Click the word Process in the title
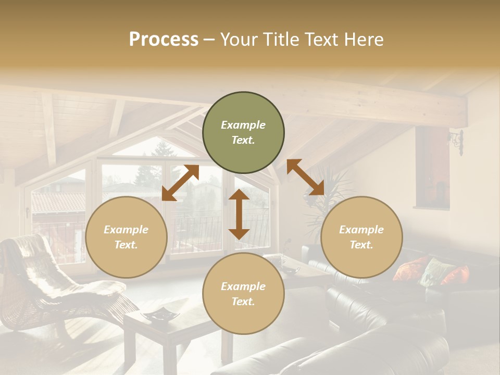coord(164,40)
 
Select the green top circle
coord(243,133)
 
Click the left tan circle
coord(126,237)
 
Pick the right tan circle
coord(361,237)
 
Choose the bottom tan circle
coord(243,294)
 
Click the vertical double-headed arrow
coord(239,214)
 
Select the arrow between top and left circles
coord(180,183)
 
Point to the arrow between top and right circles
coord(306,178)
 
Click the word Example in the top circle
coord(243,125)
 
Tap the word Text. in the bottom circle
coord(243,302)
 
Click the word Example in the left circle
coord(126,230)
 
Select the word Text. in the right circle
coord(361,245)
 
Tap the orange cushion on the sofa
coord(456,274)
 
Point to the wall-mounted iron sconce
coord(457,141)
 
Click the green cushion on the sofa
coord(435,271)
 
